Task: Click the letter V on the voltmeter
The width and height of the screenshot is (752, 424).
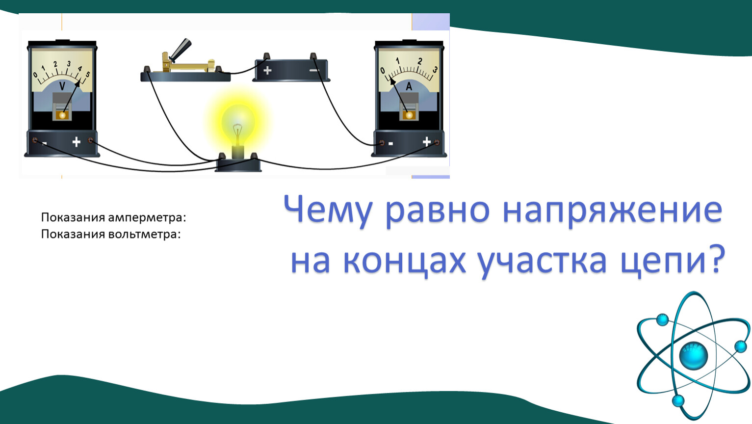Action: pyautogui.click(x=62, y=86)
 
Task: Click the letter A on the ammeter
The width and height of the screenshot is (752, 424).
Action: pyautogui.click(x=409, y=86)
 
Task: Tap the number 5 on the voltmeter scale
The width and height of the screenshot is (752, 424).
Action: pyautogui.click(x=88, y=74)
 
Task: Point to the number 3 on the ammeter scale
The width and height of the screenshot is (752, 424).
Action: pyautogui.click(x=435, y=70)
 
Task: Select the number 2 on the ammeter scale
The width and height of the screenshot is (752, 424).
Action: pyautogui.click(x=419, y=61)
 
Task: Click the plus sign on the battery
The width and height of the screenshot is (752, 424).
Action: pyautogui.click(x=267, y=71)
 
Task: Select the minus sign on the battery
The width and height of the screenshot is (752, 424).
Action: pyautogui.click(x=314, y=70)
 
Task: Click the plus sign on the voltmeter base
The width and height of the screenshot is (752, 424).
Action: pyautogui.click(x=76, y=142)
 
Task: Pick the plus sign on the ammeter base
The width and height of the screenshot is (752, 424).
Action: pyautogui.click(x=427, y=141)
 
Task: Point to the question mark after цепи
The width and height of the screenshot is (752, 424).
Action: pyautogui.click(x=716, y=259)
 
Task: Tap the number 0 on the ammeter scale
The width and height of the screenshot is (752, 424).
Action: pyautogui.click(x=383, y=70)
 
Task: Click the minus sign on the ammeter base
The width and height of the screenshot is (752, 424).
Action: pyautogui.click(x=390, y=144)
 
